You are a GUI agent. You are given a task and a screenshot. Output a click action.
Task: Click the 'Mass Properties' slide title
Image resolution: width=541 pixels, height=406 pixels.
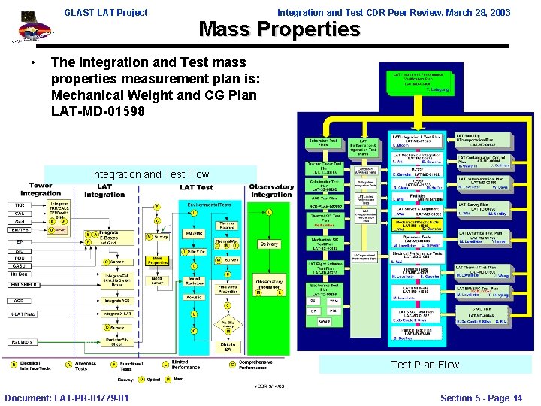279,30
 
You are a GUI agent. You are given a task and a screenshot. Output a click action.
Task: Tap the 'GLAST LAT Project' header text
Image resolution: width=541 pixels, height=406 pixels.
105,12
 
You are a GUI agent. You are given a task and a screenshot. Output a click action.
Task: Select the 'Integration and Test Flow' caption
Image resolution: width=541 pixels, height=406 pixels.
150,174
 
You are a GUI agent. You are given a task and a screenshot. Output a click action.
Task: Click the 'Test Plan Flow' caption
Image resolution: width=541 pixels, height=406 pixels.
425,365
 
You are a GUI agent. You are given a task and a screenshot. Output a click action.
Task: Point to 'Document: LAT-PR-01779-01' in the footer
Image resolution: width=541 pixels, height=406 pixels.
66,398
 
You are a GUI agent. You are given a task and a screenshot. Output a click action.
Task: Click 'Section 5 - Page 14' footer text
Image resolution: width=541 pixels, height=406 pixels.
481,398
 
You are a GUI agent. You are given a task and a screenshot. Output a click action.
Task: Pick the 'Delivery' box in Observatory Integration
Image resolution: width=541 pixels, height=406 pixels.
268,244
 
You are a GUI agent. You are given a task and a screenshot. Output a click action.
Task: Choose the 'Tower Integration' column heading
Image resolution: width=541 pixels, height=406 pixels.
41,189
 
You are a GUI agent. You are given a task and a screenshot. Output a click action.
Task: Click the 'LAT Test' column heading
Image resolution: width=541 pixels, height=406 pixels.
196,187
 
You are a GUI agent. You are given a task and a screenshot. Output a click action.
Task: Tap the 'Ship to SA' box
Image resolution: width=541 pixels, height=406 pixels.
228,345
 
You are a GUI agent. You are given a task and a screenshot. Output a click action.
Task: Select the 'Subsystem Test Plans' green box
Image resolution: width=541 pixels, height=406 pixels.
323,143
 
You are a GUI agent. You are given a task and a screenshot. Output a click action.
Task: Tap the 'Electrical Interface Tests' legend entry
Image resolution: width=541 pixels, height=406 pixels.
35,365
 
